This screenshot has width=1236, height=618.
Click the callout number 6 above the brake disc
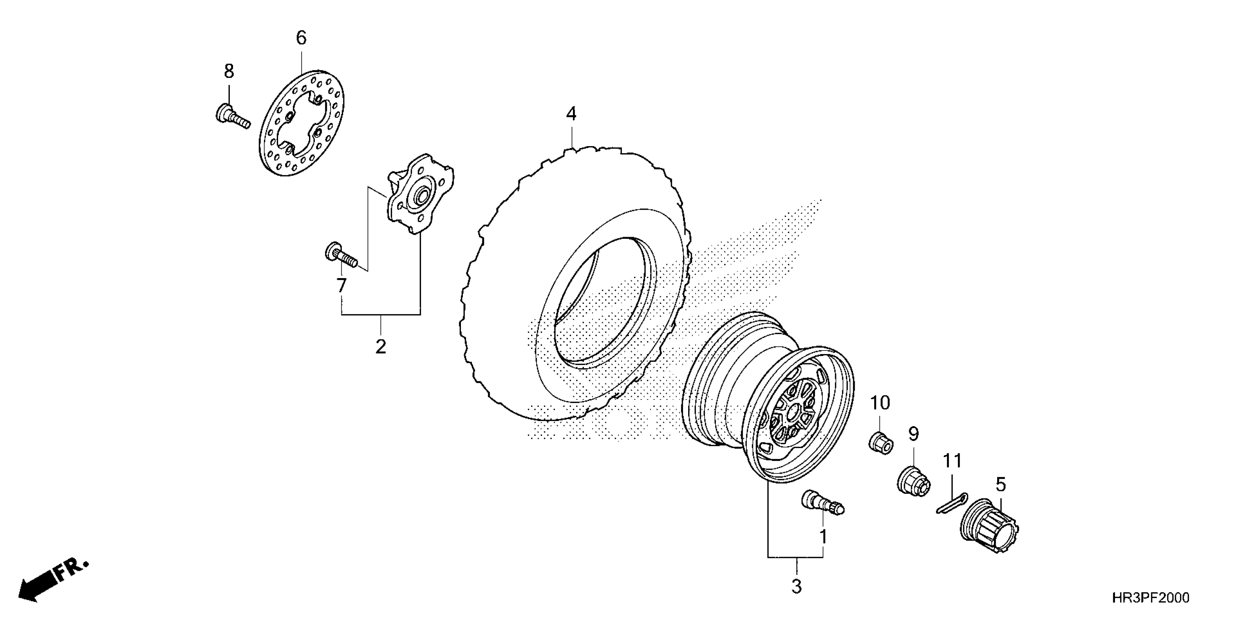coord(301,38)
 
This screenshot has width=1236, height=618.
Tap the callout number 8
coord(229,72)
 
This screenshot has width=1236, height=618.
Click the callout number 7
coord(341,286)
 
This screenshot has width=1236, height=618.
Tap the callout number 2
coord(381,346)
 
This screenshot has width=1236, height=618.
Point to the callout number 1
coord(823,537)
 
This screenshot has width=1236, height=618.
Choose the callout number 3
coord(796,586)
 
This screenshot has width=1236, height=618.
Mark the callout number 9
coord(913,434)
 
